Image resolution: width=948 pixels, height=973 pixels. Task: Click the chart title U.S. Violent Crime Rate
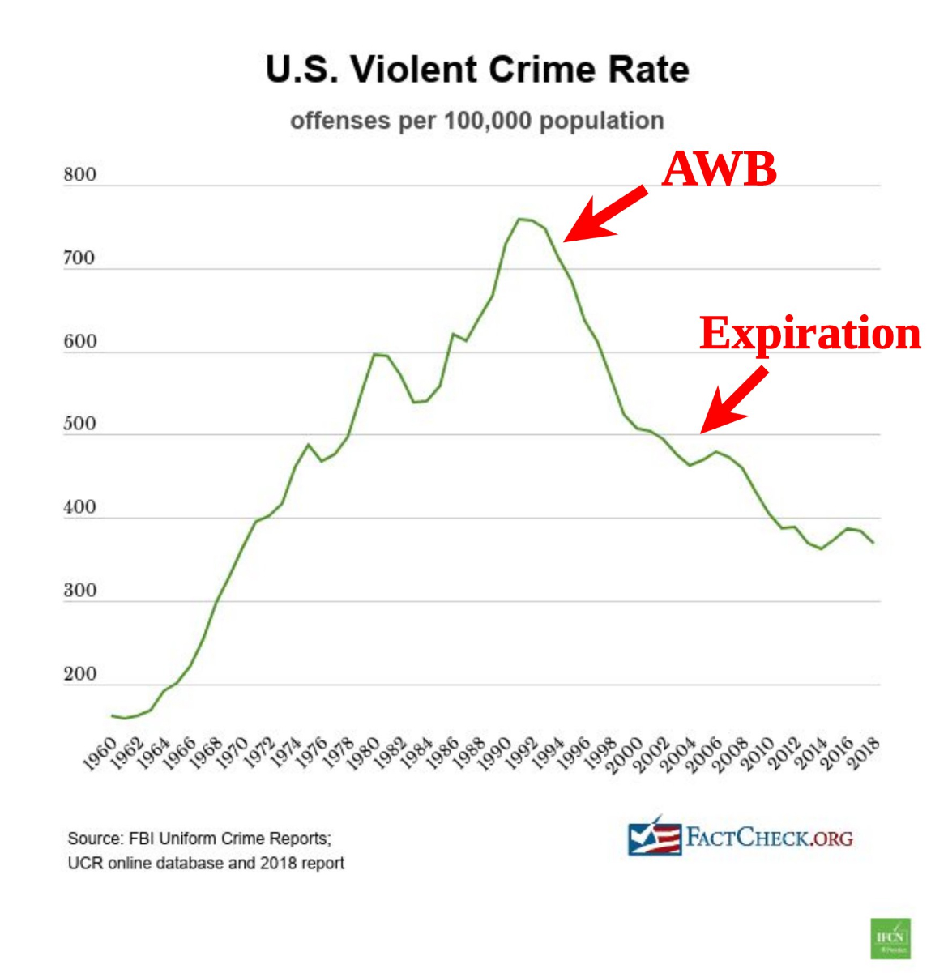coord(477,70)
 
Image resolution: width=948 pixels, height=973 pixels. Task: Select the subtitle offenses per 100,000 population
coord(477,121)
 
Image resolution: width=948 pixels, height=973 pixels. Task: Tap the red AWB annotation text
coord(720,169)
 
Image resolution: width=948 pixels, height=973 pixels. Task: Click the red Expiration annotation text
coord(810,333)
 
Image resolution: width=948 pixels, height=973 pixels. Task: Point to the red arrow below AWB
coord(604,214)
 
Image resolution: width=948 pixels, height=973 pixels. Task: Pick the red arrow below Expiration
coord(734,399)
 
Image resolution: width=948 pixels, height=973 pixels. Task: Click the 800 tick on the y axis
coord(79,174)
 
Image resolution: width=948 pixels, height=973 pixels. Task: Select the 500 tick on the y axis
coord(79,424)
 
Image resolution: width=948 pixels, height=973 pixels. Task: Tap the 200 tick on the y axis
coord(79,674)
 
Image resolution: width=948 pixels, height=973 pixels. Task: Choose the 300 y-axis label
coord(79,591)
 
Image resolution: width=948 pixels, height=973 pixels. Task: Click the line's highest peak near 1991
coord(519,219)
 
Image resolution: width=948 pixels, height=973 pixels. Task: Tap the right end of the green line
coord(873,543)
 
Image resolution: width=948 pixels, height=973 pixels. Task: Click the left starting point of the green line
coord(112,715)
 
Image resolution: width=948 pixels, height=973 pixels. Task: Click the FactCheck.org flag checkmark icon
coord(654,838)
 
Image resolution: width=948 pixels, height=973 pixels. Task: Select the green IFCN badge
coord(890,938)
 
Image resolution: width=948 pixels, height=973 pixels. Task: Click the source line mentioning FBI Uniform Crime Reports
coord(199,839)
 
